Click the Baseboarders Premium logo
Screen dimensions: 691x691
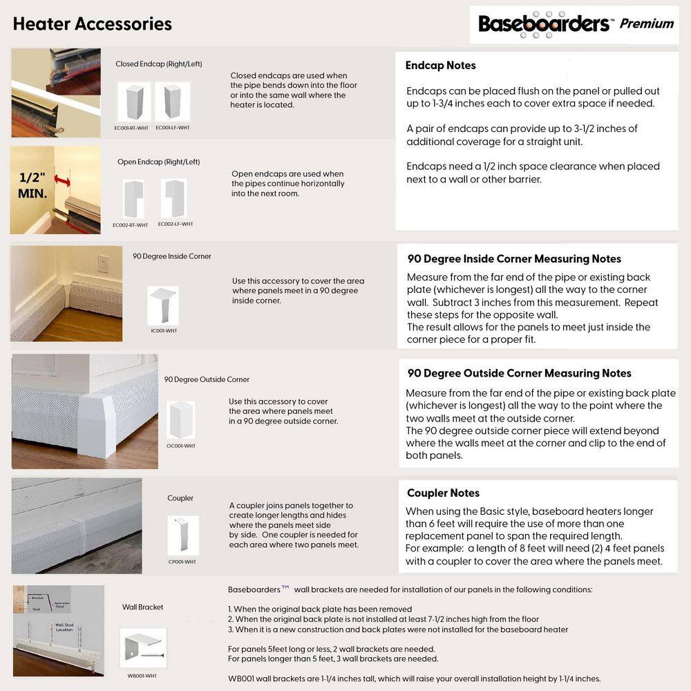click(x=576, y=24)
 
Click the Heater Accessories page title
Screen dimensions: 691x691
click(x=92, y=23)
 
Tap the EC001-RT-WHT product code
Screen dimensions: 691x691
click(x=131, y=128)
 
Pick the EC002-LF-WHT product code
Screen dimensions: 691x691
click(x=176, y=224)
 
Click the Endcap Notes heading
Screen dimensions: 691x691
click(x=440, y=66)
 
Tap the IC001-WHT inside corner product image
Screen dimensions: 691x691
click(x=162, y=305)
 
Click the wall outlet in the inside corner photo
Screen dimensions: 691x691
click(x=103, y=265)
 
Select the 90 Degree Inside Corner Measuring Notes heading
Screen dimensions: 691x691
click(x=514, y=259)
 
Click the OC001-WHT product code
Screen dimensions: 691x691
click(x=181, y=446)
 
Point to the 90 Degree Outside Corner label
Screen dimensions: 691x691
click(x=207, y=379)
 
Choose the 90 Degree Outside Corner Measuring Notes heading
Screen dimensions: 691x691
click(x=519, y=373)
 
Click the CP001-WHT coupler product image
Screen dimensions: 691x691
click(x=182, y=536)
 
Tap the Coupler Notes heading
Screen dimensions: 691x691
click(x=443, y=493)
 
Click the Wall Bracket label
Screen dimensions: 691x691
click(x=142, y=607)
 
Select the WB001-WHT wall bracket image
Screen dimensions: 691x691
click(x=143, y=647)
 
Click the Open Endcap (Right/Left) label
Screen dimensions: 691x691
click(x=158, y=162)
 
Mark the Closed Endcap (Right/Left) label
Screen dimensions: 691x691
click(x=158, y=64)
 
